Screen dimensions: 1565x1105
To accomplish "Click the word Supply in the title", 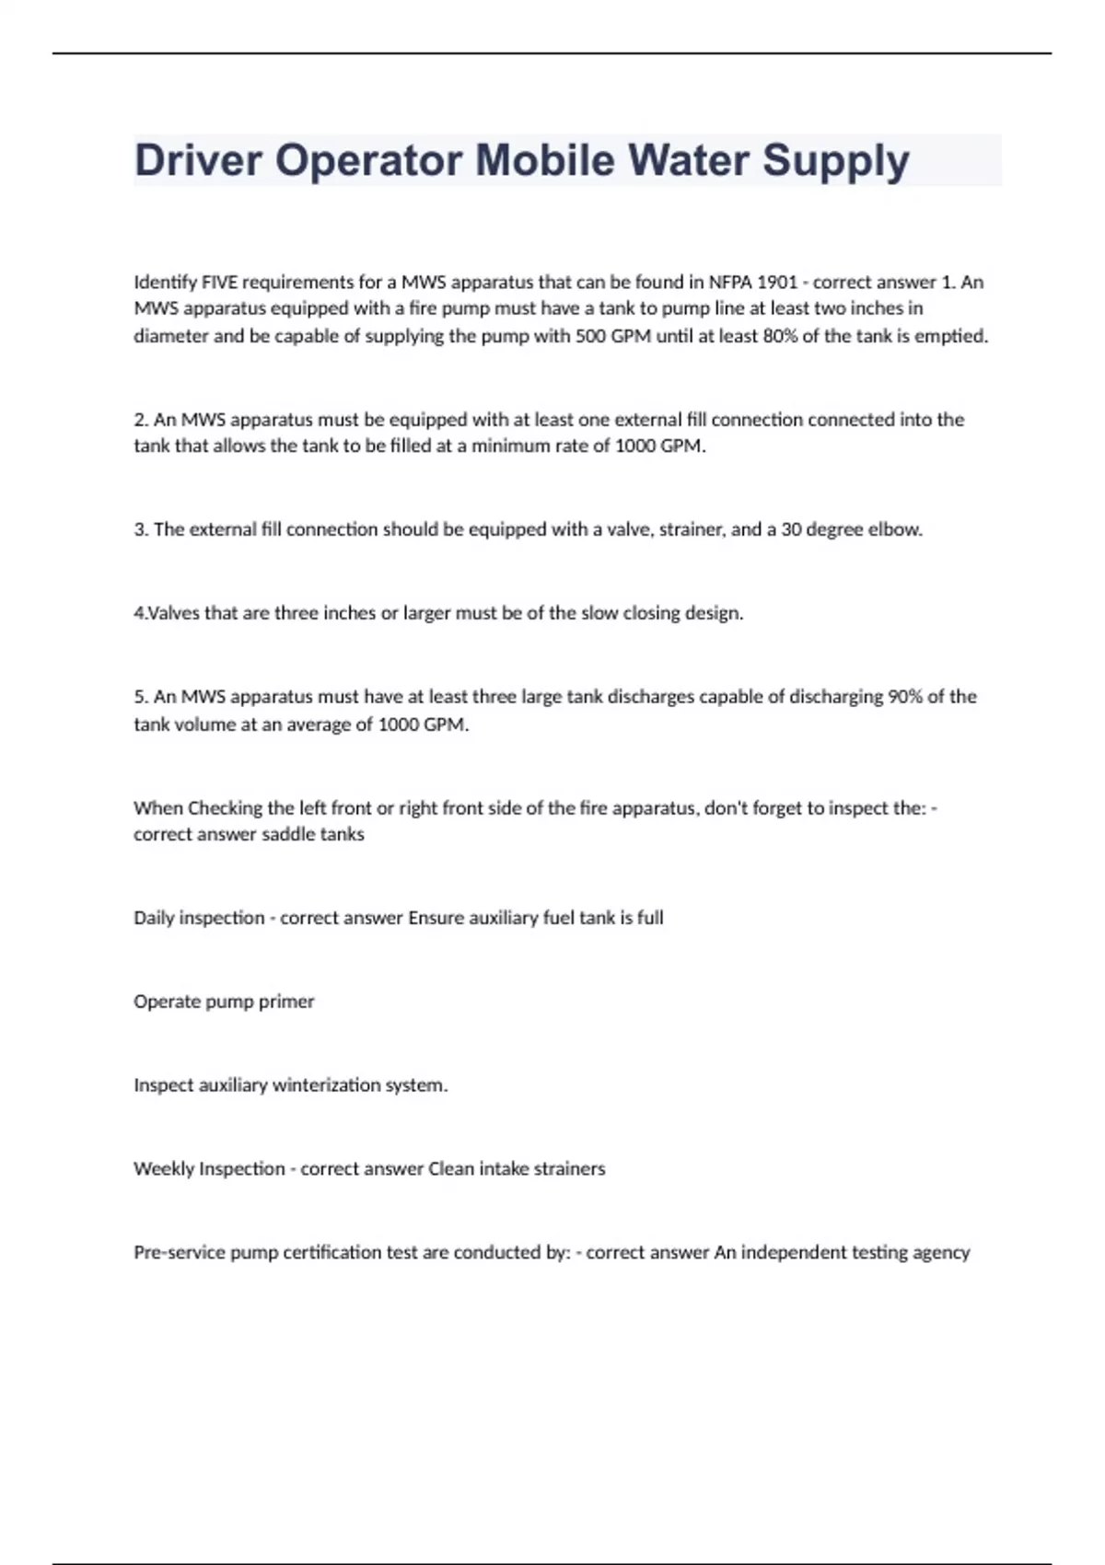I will pyautogui.click(x=835, y=161).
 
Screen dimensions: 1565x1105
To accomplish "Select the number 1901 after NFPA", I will pyautogui.click(x=776, y=282).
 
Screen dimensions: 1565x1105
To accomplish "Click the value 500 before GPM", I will pyautogui.click(x=590, y=336).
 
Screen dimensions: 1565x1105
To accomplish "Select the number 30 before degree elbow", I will pyautogui.click(x=791, y=529).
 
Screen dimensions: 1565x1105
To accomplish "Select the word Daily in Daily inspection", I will pyautogui.click(x=153, y=918).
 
